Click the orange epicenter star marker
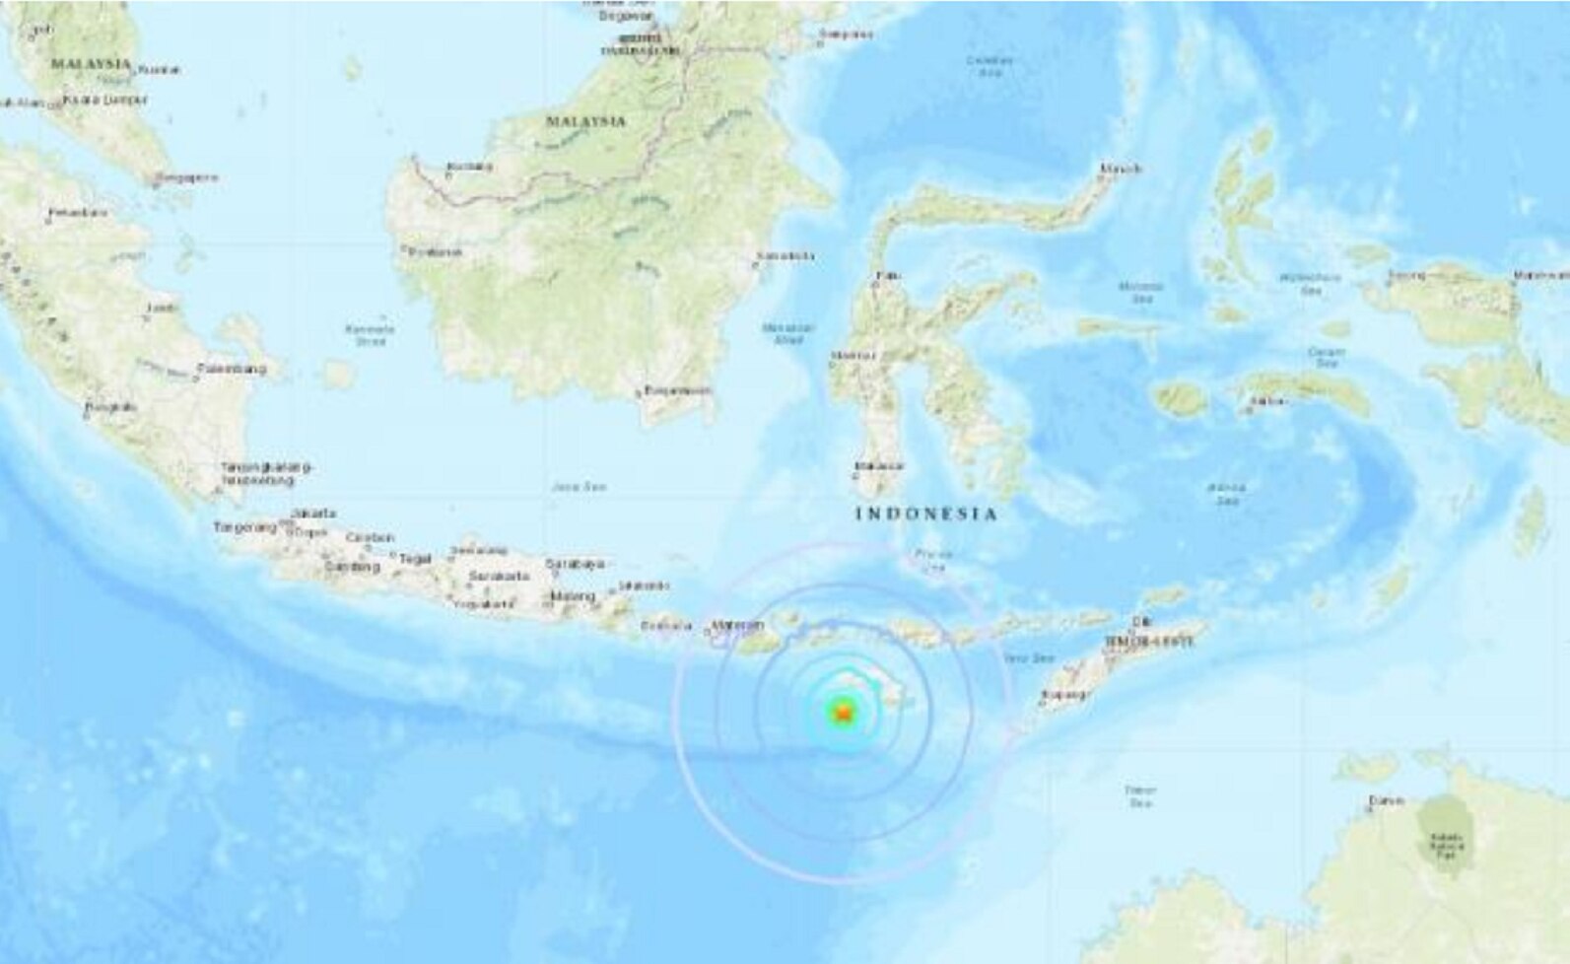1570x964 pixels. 842,712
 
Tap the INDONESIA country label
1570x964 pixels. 925,514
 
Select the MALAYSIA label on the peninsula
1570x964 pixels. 91,64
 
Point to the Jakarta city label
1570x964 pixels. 313,514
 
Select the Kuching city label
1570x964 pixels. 469,166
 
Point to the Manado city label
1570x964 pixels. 1120,169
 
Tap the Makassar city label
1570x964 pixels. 879,465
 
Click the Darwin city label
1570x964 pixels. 1385,800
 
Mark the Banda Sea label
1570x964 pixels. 1226,494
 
